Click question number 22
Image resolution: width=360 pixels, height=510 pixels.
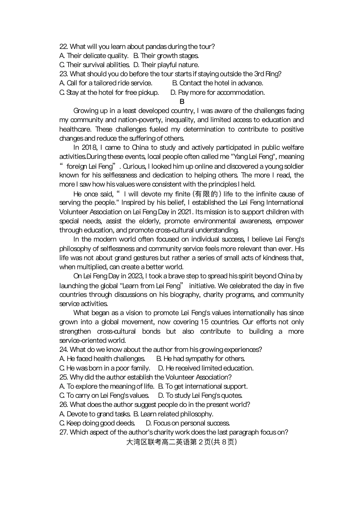pyautogui.click(x=63, y=47)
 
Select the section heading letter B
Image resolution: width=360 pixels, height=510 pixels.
pyautogui.click(x=182, y=101)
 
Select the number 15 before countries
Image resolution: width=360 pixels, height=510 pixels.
pyautogui.click(x=204, y=322)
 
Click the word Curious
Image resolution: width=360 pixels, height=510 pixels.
pyautogui.click(x=134, y=166)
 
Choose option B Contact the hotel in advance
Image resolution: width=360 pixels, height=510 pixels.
pyautogui.click(x=218, y=83)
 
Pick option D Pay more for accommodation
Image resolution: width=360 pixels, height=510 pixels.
pyautogui.click(x=218, y=93)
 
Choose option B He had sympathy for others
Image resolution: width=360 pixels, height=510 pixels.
pyautogui.click(x=200, y=359)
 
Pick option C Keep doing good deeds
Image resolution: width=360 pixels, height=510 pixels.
pyautogui.click(x=97, y=423)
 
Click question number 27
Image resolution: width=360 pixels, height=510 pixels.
pyautogui.click(x=63, y=432)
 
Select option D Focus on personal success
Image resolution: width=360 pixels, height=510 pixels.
pyautogui.click(x=188, y=423)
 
